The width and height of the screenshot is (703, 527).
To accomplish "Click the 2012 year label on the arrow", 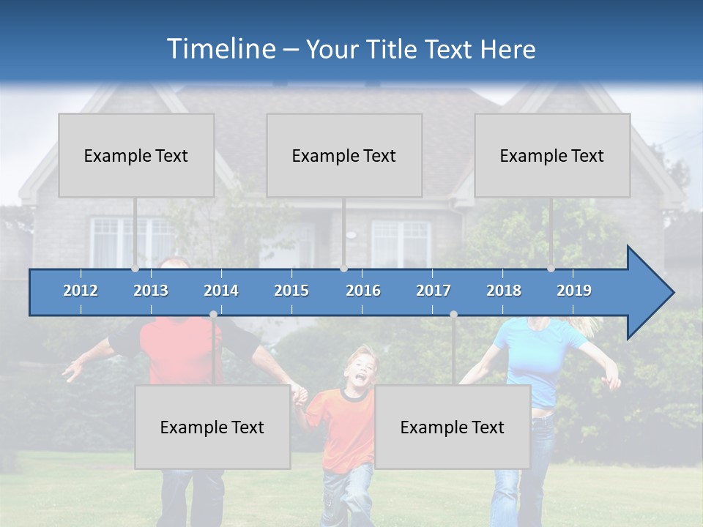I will pos(81,291).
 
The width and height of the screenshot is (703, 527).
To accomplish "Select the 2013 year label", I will pos(151,291).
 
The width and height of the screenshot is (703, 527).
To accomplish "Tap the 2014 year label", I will pos(221,291).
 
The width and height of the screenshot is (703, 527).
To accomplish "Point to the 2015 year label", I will pos(291,291).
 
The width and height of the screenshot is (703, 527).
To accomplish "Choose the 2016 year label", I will pos(363,291).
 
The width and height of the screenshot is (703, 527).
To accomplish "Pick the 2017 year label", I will pos(434,291).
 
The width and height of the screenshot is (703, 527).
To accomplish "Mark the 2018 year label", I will pos(504,291).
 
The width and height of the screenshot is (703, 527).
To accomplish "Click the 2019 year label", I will pos(574,291).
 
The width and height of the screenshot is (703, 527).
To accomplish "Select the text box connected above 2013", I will pos(136,155).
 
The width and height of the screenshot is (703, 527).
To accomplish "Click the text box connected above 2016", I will pos(344,155).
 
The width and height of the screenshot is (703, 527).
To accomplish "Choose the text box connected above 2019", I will pos(552,155).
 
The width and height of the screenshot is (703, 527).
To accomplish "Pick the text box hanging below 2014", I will pos(212,427).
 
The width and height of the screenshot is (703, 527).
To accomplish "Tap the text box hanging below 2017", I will pos(453,427).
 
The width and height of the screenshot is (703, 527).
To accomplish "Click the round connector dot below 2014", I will pos(213,314).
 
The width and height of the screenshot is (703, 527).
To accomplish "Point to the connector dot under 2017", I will pos(453,314).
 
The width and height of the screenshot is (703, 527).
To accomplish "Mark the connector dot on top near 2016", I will pos(343,269).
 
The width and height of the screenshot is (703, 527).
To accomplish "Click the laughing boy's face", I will pos(359,370).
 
